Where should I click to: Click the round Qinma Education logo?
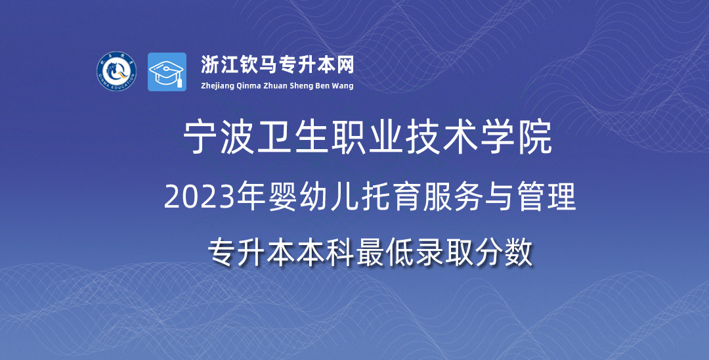[x=116, y=71]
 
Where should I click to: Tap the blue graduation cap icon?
[x=167, y=72]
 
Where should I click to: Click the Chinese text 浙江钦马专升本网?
[x=277, y=64]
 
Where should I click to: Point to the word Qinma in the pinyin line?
[x=247, y=86]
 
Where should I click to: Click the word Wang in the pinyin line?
[x=344, y=86]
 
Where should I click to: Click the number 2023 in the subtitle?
[x=192, y=198]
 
